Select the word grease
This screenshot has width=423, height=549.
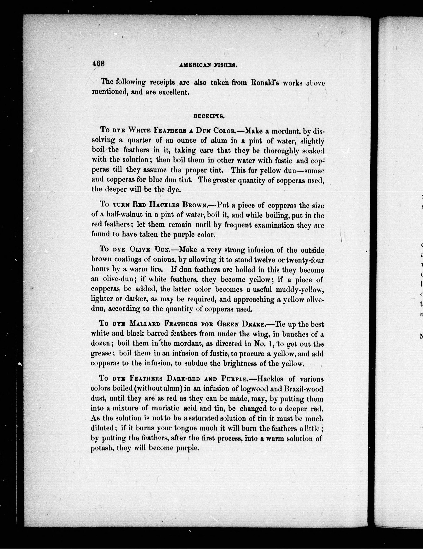tap(101, 353)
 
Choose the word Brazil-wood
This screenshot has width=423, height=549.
tap(303, 388)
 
